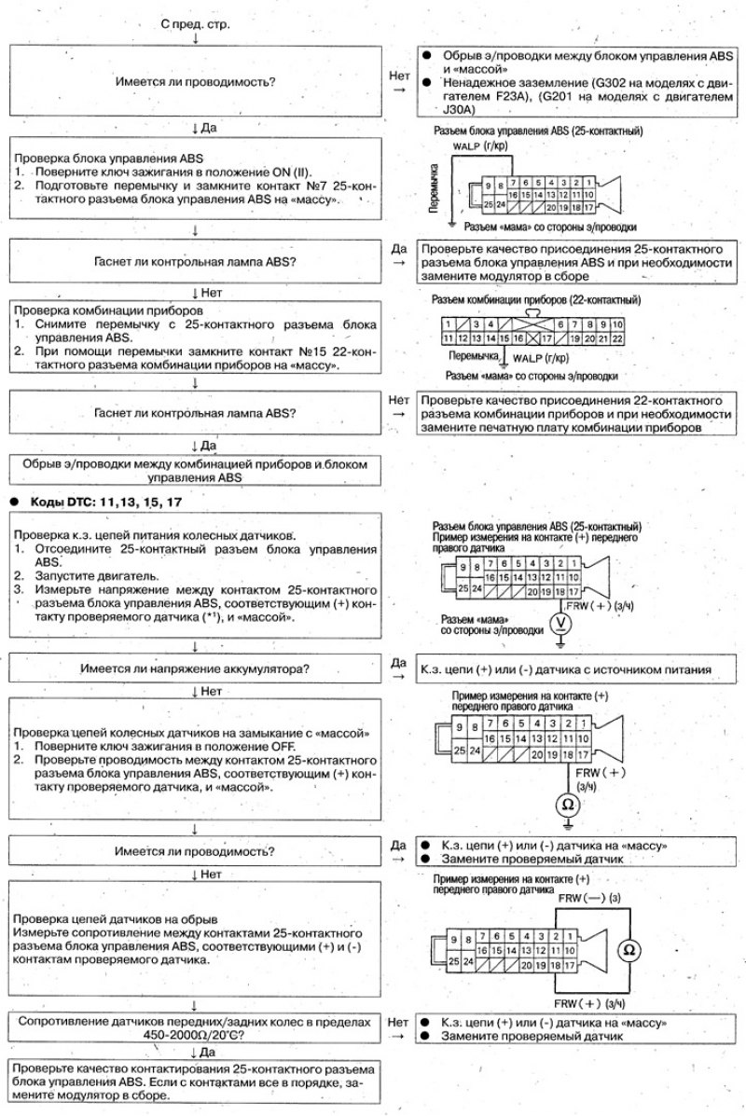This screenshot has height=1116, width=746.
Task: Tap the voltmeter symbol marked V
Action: pos(559,624)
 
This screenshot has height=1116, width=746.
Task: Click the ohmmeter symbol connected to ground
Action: pos(567,803)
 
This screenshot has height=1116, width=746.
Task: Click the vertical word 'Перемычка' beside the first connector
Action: pos(434,186)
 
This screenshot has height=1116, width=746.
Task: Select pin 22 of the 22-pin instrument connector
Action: pos(616,338)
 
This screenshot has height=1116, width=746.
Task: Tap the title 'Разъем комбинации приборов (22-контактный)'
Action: pos(536,300)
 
